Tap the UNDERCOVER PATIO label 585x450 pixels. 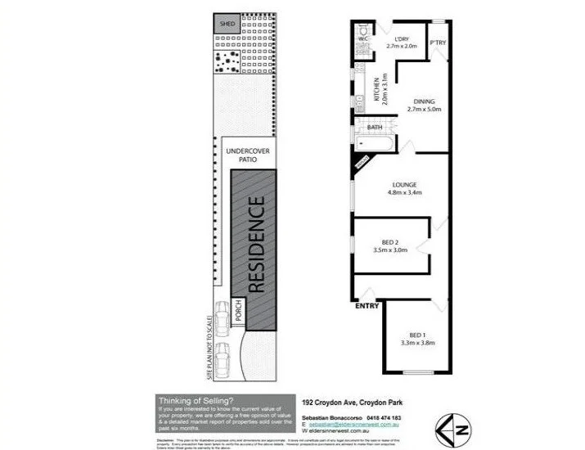click(250, 155)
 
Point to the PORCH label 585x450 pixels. click(238, 310)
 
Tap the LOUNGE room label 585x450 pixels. click(406, 185)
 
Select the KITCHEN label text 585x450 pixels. click(377, 88)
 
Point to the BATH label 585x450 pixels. click(376, 128)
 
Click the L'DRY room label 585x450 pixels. click(401, 39)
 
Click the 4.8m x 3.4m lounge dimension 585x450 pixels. click(406, 193)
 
